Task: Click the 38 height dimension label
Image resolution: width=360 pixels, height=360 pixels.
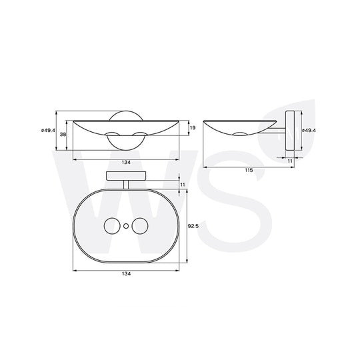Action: (63, 134)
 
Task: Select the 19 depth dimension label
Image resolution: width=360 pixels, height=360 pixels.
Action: (193, 127)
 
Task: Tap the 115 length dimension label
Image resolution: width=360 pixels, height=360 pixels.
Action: (249, 170)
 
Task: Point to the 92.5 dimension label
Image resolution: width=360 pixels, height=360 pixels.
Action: (193, 226)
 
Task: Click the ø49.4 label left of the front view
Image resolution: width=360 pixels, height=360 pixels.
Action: (48, 131)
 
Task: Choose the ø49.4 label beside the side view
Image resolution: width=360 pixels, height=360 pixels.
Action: (309, 131)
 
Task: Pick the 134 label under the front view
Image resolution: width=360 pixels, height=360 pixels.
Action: (126, 162)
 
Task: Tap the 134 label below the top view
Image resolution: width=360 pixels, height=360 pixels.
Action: (126, 274)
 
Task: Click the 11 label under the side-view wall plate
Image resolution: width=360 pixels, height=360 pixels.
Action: (290, 161)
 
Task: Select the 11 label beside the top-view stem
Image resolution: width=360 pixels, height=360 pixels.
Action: (183, 185)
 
